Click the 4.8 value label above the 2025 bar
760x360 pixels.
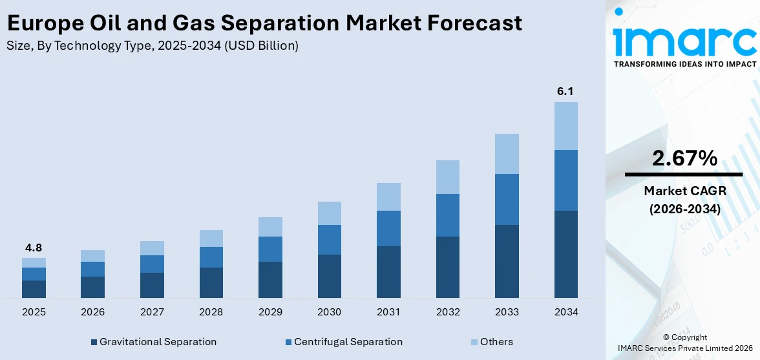point(34,248)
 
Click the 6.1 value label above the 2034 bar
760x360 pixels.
point(565,91)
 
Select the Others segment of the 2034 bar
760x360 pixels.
point(565,126)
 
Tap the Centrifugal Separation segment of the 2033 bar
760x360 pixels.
point(507,199)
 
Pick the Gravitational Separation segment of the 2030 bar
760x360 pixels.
point(329,276)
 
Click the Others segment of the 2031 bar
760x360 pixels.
point(388,196)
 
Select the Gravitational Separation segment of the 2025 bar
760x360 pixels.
point(34,289)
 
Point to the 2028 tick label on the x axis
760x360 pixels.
point(211,312)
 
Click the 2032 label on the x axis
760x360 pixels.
point(447,312)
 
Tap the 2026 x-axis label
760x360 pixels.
point(92,312)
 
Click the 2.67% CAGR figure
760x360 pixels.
point(684,158)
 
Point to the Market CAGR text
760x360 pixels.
point(684,191)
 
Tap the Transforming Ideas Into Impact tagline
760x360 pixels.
point(684,65)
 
